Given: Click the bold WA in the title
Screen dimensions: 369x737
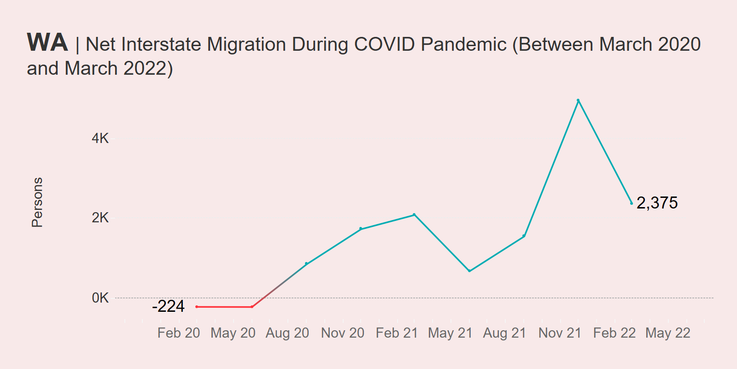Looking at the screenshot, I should pyautogui.click(x=47, y=43).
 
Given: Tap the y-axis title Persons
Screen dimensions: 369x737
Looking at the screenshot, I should pyautogui.click(x=37, y=202).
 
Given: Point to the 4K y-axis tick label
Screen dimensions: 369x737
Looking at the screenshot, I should pyautogui.click(x=100, y=138).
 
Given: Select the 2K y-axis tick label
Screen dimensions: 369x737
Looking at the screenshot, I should pyautogui.click(x=100, y=218).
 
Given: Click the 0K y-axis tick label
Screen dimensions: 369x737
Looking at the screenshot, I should pyautogui.click(x=100, y=298).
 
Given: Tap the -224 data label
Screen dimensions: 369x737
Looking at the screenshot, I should pyautogui.click(x=168, y=306).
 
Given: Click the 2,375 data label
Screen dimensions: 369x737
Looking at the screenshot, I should pyautogui.click(x=657, y=203).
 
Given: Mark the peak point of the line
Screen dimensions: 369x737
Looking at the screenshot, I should pyautogui.click(x=578, y=100).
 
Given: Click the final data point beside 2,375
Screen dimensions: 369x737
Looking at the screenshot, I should pyautogui.click(x=632, y=203).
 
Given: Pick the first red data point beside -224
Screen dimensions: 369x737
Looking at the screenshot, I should pyautogui.click(x=197, y=307).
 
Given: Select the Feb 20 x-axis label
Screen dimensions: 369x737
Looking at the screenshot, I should pyautogui.click(x=179, y=333).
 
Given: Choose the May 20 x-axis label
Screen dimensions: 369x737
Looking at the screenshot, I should pyautogui.click(x=233, y=333).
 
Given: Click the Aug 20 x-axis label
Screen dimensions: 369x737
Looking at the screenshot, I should pyautogui.click(x=287, y=333).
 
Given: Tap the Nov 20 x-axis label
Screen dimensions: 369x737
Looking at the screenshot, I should pyautogui.click(x=343, y=333).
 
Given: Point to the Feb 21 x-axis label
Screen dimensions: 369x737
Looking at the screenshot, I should pyautogui.click(x=397, y=333).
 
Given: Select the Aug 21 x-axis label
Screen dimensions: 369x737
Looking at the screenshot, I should pyautogui.click(x=504, y=333).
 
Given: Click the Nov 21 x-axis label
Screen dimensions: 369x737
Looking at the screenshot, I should pyautogui.click(x=560, y=333).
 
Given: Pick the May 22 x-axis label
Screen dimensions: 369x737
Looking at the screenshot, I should pyautogui.click(x=668, y=333).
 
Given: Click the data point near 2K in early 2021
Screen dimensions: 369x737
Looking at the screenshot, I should pyautogui.click(x=414, y=214).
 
